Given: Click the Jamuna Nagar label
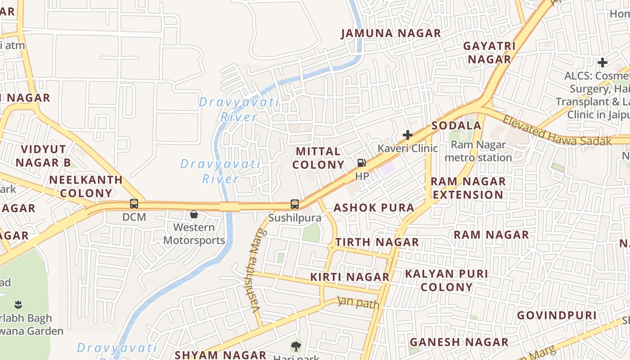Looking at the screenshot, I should coord(391,33).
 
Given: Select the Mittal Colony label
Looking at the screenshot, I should coord(318,158).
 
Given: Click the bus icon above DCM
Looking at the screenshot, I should coord(134,204).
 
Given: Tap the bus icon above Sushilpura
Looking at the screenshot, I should coord(295,204).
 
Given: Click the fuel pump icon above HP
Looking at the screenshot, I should coord(361,163).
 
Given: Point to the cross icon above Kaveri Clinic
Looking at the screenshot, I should coord(408,135).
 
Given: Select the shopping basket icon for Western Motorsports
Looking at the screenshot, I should coord(194,214).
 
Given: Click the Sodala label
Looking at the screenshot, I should coord(456,126).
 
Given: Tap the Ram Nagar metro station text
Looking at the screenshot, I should coord(478,151).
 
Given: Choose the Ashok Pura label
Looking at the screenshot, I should coord(373,207).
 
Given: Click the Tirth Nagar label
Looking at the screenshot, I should coord(377,242).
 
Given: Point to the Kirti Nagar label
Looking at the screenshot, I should coord(350,277).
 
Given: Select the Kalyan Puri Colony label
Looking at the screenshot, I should coord(446,280).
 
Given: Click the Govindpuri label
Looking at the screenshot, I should coord(556,315).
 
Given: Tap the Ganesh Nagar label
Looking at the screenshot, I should coord(459,342).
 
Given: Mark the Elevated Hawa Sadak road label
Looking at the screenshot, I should coord(557,131).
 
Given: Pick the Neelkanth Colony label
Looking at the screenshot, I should coord(86,186).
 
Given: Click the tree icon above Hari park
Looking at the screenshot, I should coord(296,346).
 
